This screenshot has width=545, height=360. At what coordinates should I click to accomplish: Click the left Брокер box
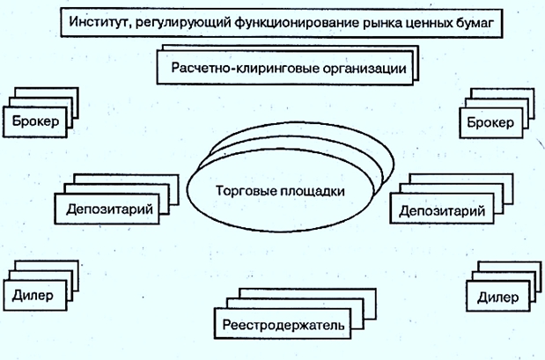36,121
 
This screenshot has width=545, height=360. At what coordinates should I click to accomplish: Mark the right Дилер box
497,296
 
